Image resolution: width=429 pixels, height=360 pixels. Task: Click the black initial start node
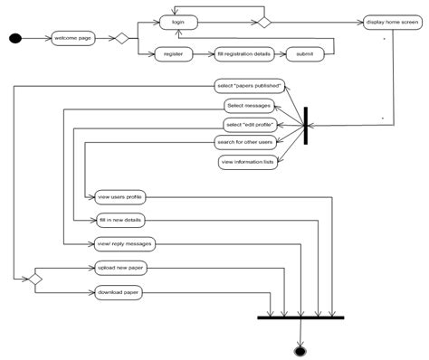pos(14,38)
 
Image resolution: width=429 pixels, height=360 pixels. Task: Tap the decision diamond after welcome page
pos(117,38)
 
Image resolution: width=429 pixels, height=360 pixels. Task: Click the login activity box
pos(178,20)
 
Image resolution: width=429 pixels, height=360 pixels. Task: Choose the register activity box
pos(172,54)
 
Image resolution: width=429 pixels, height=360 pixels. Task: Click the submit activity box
pos(304,54)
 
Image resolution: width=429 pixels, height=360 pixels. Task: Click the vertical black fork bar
pos(306,125)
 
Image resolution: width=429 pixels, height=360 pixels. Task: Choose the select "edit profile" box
pos(248,124)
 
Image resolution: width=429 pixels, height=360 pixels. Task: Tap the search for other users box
pos(245,142)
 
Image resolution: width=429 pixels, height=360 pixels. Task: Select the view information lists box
pos(247,162)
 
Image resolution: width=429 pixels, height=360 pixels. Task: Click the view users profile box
pos(119,196)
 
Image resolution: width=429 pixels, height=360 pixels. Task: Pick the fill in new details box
pos(119,220)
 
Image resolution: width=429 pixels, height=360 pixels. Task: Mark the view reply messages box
pos(125,243)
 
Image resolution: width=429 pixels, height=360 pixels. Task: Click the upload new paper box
pos(120,269)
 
